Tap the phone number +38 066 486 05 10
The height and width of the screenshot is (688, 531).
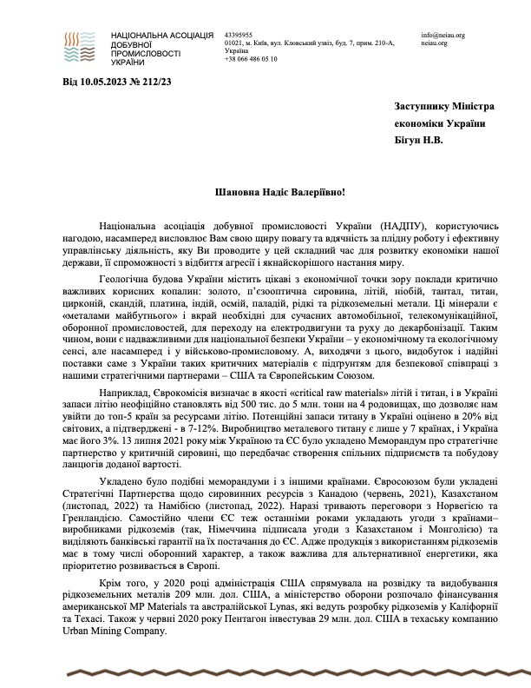pos(251,59)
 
